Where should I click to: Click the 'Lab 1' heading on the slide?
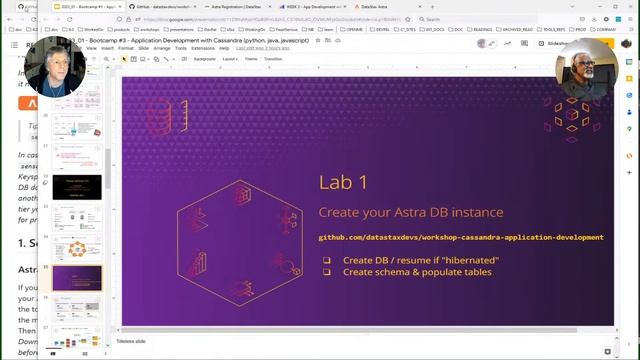click(x=343, y=182)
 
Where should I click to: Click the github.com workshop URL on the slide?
click(x=461, y=237)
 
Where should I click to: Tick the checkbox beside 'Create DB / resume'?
click(x=326, y=260)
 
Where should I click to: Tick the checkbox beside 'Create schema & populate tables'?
click(x=326, y=271)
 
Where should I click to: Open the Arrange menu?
click(x=162, y=48)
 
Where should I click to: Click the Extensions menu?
click(x=203, y=48)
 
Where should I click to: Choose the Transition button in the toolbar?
click(x=273, y=59)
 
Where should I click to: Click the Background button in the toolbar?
click(x=204, y=59)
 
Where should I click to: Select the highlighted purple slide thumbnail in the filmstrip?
click(x=76, y=277)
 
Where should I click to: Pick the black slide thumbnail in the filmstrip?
click(x=76, y=186)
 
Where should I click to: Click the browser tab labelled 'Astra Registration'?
click(x=242, y=6)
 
